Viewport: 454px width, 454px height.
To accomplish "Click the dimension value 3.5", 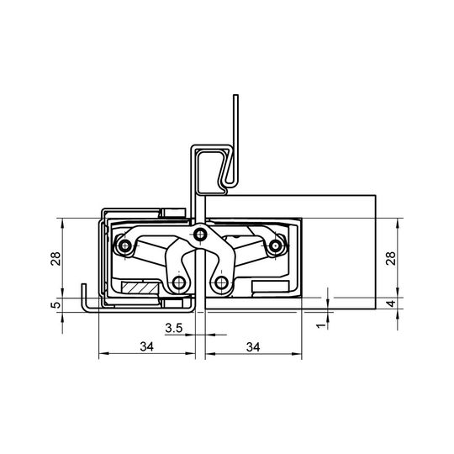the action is pyautogui.click(x=174, y=328).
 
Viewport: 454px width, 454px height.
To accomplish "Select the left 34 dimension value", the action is pyautogui.click(x=147, y=346).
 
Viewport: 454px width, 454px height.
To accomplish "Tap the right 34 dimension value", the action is pyautogui.click(x=253, y=347).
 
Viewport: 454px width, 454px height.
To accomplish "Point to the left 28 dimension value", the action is pyautogui.click(x=55, y=259).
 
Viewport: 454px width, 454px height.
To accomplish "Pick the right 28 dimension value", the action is pyautogui.click(x=390, y=258).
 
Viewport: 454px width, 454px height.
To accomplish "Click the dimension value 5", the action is pyautogui.click(x=55, y=305).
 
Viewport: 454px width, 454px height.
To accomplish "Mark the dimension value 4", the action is pyautogui.click(x=391, y=304).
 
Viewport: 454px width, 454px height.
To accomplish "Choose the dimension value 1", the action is pyautogui.click(x=321, y=325).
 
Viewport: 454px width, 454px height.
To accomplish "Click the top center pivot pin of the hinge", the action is pyautogui.click(x=199, y=234).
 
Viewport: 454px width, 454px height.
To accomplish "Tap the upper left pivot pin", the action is pyautogui.click(x=125, y=246).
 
